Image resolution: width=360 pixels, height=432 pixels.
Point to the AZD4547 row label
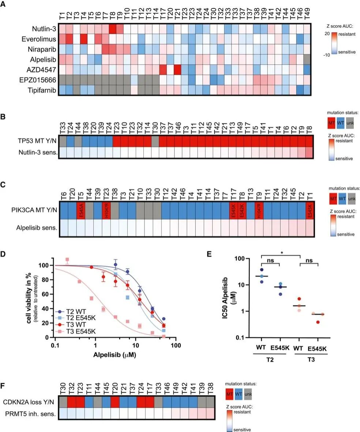(x=43, y=70)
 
